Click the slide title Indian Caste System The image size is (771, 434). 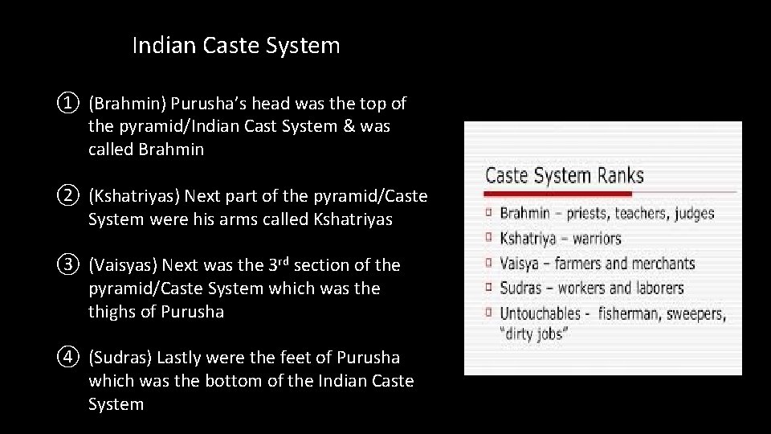(x=236, y=46)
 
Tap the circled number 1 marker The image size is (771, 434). (x=68, y=104)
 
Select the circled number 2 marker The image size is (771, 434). (x=68, y=196)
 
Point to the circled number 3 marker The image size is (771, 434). (x=68, y=265)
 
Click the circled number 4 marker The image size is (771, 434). (x=68, y=358)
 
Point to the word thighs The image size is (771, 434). (x=112, y=312)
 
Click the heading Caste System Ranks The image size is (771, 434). (x=564, y=175)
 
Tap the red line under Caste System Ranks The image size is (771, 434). (x=610, y=193)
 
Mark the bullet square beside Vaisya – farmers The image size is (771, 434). (x=489, y=264)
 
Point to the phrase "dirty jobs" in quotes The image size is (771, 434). (x=532, y=334)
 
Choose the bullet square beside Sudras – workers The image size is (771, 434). (x=489, y=288)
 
